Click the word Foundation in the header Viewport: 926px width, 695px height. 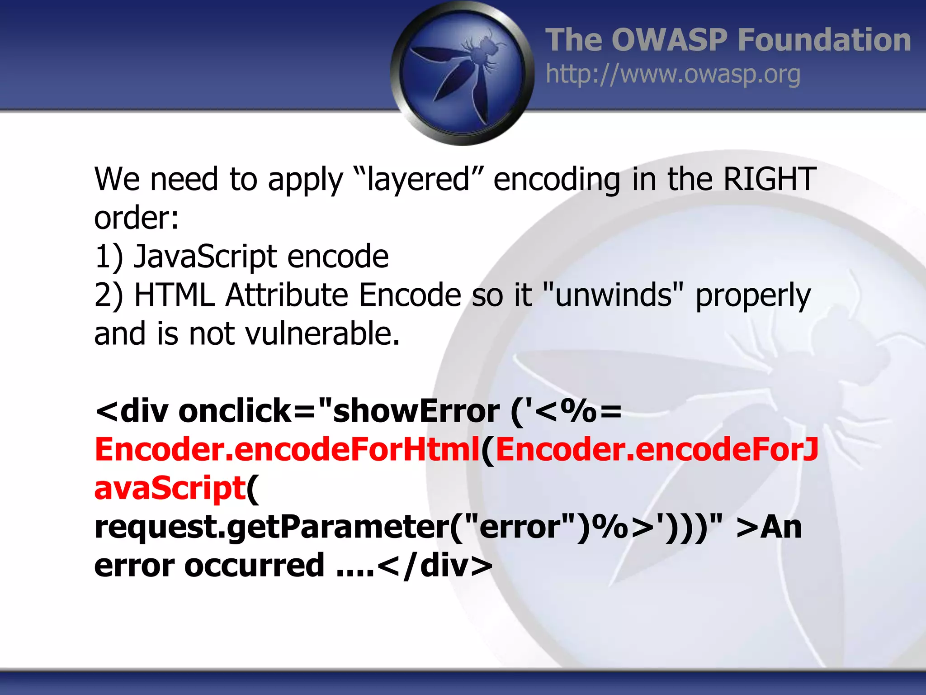point(824,40)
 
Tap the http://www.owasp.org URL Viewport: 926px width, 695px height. point(673,74)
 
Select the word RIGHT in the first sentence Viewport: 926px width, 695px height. point(770,179)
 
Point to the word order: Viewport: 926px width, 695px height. point(136,218)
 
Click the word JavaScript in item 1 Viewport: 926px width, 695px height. point(204,257)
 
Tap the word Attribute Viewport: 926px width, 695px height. point(287,295)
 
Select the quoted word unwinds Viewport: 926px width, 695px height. point(613,295)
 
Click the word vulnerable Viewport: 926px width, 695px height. point(322,334)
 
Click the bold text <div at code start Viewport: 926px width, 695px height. point(132,411)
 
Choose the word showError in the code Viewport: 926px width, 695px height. point(416,411)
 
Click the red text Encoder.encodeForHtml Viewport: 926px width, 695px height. point(287,450)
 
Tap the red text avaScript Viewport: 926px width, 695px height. point(170,489)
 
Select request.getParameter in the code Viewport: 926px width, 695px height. point(271,528)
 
